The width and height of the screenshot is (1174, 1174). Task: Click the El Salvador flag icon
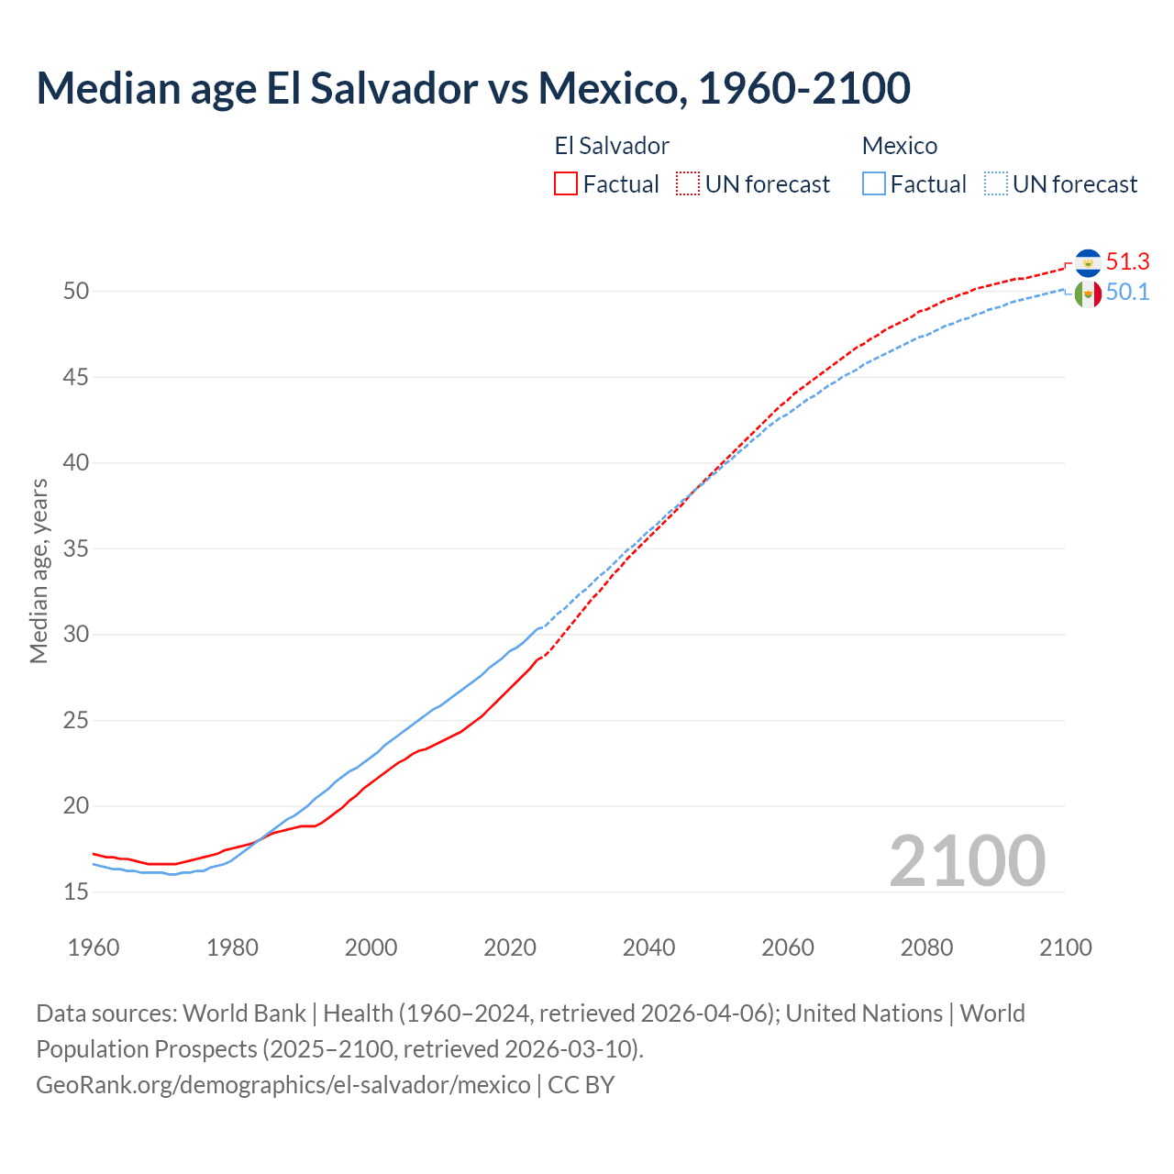coord(1088,263)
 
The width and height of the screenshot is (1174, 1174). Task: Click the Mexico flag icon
coord(1088,293)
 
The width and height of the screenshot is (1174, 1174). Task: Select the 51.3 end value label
coord(1127,262)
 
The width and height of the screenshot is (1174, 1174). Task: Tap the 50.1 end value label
coord(1127,293)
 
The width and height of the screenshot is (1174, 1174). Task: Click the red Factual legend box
coord(566,184)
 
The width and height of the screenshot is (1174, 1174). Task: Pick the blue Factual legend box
coord(873,184)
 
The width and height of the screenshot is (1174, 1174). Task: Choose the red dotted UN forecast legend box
coord(688,184)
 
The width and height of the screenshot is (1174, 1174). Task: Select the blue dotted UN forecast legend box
coord(995,184)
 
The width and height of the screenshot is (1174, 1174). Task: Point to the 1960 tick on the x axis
coord(94,947)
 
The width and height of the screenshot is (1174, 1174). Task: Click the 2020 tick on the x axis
coord(509,947)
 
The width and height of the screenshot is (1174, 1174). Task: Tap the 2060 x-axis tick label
coord(787,947)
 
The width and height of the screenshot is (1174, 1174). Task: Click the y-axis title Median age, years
coord(39,570)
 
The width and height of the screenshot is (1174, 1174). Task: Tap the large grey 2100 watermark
coord(967,861)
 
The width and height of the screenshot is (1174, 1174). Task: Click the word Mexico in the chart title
coord(606,88)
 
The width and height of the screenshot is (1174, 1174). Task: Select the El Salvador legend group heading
coord(612,146)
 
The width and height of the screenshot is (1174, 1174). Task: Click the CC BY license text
coord(581,1085)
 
